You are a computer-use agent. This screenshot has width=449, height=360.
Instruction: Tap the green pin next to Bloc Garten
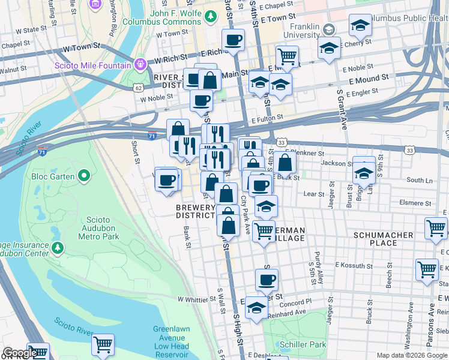pos(84,176)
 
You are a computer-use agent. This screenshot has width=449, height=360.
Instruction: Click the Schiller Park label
pos(303,344)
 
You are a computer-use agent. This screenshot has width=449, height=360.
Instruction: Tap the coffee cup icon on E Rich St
pos(232,41)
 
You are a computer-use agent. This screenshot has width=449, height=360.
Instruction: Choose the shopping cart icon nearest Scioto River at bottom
pos(103,345)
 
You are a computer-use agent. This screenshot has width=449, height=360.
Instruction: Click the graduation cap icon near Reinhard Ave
pos(256,308)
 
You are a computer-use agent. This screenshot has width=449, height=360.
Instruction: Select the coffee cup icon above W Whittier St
pos(267,279)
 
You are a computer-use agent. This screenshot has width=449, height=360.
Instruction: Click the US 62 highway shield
pos(139,88)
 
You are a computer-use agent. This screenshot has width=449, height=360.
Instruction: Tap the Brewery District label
pos(195,211)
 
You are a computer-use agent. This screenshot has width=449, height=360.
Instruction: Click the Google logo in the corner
pos(20,353)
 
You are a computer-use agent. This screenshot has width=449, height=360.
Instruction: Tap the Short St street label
pos(136,152)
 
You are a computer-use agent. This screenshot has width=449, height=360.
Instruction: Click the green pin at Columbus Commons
pos(210,14)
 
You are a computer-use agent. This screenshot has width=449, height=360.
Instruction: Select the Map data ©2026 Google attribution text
pos(411,355)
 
